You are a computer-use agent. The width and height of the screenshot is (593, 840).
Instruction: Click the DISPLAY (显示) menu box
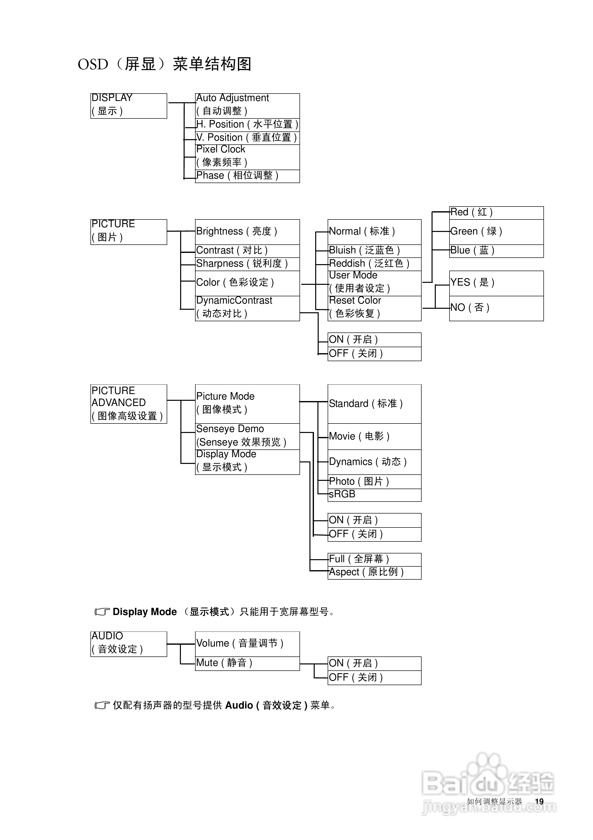128,106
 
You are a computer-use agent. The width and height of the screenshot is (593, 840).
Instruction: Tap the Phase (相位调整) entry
247,176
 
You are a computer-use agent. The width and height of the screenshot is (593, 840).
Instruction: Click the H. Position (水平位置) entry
247,125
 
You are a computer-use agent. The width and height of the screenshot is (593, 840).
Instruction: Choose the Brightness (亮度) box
247,232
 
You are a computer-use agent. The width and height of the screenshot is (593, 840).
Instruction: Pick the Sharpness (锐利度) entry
247,264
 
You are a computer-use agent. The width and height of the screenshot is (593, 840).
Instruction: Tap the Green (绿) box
496,232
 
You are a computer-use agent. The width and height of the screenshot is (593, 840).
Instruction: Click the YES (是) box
496,283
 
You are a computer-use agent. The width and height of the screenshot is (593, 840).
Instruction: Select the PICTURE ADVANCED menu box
128,404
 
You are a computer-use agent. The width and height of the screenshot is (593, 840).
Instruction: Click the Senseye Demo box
247,436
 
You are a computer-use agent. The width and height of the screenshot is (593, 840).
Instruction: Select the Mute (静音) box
247,663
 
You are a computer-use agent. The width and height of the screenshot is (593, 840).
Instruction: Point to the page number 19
539,802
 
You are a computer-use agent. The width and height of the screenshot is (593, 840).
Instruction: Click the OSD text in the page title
93,65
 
